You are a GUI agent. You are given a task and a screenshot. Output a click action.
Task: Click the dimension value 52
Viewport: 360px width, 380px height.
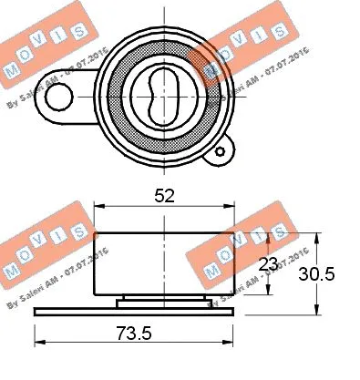(164, 195)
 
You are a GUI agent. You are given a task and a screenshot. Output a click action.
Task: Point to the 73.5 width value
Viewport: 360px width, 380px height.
(133, 334)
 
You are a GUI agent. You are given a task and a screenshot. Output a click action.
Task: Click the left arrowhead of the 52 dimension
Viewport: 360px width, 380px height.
(99, 208)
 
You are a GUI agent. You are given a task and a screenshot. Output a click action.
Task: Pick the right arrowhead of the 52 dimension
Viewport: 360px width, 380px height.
(230, 208)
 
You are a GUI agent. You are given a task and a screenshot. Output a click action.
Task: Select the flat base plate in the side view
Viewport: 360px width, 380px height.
(134, 313)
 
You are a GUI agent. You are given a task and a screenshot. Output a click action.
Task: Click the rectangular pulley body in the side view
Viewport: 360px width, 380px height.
(164, 264)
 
